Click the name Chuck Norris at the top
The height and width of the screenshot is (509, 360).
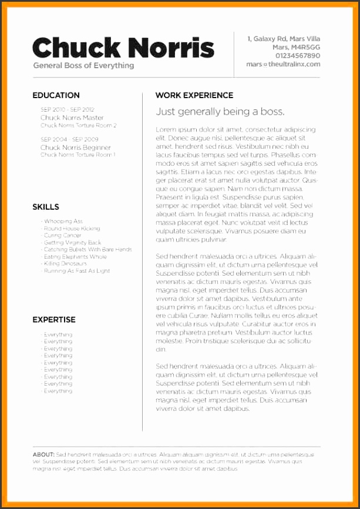coord(123,46)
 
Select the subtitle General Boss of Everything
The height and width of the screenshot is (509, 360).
coord(83,65)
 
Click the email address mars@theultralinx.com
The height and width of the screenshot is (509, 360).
coord(284,64)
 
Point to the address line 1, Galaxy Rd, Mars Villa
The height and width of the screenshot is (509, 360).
coord(284,38)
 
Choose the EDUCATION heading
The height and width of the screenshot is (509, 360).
coord(56,95)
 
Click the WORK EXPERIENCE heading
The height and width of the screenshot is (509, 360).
coord(194,95)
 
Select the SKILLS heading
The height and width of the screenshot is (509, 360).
coord(46,207)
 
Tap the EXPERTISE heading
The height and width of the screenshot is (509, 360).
coord(54,320)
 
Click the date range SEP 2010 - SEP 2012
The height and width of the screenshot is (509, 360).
coord(68,109)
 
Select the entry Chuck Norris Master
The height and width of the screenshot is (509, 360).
coord(72,118)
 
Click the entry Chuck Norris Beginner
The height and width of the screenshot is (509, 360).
coord(76,147)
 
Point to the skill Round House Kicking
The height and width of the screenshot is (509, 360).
coord(72,228)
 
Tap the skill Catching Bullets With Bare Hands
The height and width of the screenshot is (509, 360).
coord(88,249)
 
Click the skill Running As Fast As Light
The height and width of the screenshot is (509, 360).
coord(77,271)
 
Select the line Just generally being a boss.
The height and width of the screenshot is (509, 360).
coord(220,112)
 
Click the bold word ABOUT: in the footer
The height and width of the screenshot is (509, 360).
coord(44,454)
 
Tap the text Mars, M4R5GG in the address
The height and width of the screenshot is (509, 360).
coord(296,46)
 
